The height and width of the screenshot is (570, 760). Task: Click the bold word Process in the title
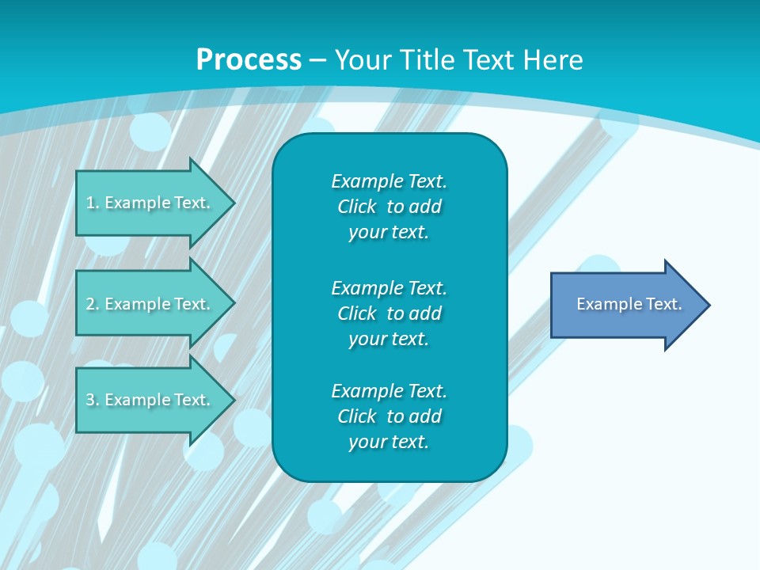point(249,60)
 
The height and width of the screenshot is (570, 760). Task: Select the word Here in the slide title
point(553,60)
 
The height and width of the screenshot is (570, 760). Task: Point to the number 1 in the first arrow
point(90,203)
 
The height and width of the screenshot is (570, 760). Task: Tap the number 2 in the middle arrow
point(90,304)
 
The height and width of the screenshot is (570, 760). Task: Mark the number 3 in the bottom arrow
point(90,400)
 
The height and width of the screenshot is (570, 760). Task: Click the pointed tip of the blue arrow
point(710,305)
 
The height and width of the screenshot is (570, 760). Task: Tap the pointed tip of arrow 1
point(235,203)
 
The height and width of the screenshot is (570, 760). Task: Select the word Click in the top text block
point(357,207)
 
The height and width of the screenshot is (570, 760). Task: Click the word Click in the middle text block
point(357,313)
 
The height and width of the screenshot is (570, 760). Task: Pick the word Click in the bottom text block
point(357,416)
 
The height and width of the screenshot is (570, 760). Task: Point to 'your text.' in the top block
point(389,232)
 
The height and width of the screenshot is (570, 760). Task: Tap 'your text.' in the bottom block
point(389,442)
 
